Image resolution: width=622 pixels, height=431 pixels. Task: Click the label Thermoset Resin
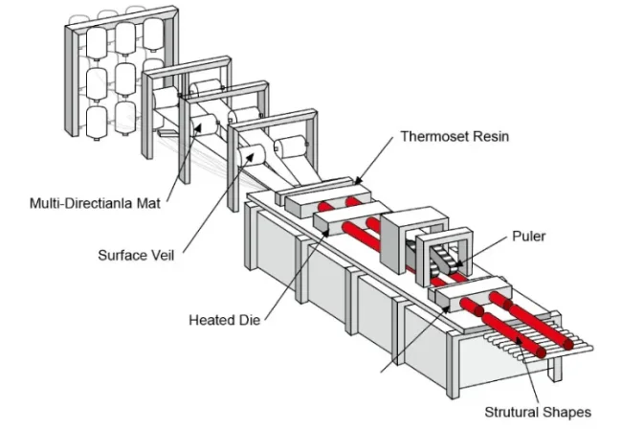[455, 137]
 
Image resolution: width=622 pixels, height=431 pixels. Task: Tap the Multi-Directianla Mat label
[92, 203]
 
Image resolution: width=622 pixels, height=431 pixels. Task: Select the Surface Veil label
[139, 256]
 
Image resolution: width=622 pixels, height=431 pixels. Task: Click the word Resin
[490, 137]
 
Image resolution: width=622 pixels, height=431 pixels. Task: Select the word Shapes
[566, 412]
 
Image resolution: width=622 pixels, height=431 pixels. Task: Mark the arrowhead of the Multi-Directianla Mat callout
[205, 125]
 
